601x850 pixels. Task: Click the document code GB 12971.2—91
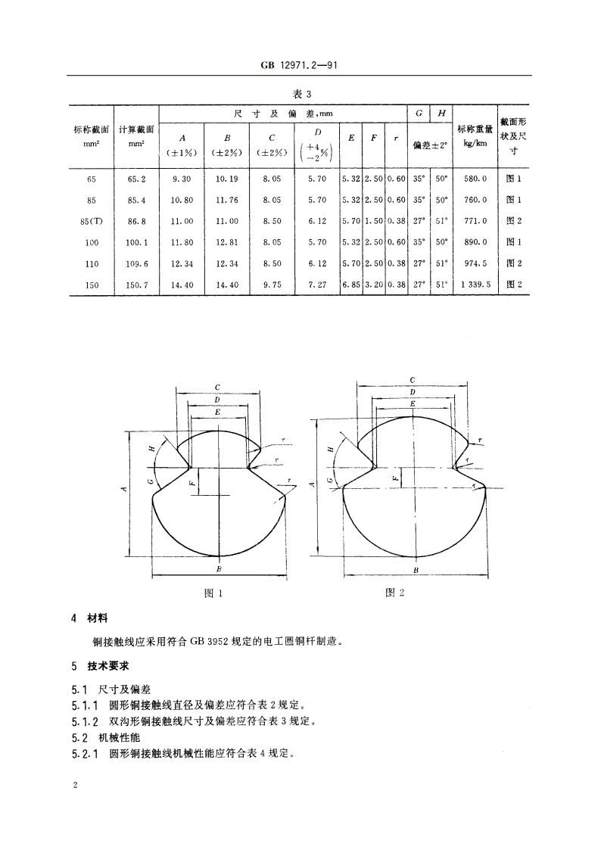pos(300,66)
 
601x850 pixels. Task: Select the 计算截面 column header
pos(136,135)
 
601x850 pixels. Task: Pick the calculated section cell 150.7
pos(136,285)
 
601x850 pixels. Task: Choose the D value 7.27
pos(318,285)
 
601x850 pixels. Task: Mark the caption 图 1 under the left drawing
pos(213,593)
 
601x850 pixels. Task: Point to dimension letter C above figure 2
pos(412,380)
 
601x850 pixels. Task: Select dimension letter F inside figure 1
pos(192,478)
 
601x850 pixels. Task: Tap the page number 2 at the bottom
pos(74,786)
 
